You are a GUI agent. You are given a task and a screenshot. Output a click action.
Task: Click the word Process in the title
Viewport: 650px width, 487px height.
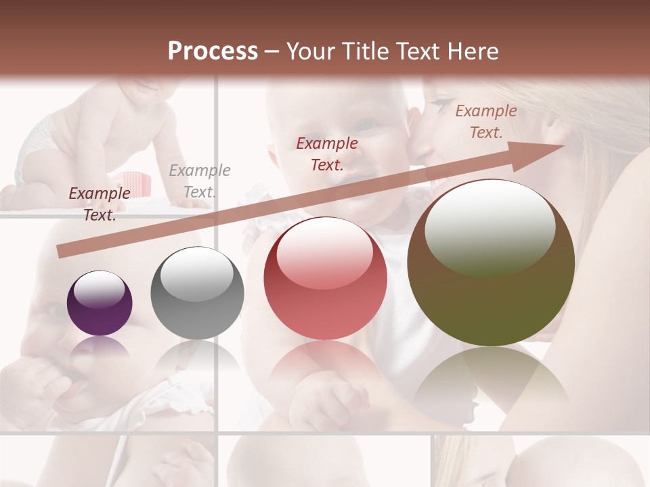click(x=213, y=51)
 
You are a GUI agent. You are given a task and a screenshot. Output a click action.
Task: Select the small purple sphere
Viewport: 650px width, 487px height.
click(x=100, y=303)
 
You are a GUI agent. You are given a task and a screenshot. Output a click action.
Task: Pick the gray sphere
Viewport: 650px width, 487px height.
click(x=197, y=293)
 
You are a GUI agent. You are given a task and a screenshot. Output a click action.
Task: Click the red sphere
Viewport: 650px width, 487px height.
click(x=326, y=278)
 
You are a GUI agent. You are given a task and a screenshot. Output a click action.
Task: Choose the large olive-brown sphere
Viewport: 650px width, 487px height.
click(x=491, y=262)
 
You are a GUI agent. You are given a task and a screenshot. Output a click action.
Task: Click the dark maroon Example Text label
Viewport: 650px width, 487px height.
click(x=100, y=204)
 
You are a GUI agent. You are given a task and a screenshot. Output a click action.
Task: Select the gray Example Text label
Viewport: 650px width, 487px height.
click(x=199, y=181)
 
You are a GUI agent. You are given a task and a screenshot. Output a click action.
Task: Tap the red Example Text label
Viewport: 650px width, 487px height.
click(x=327, y=154)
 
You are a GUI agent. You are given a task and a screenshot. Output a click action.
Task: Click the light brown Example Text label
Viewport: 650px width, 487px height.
click(x=485, y=122)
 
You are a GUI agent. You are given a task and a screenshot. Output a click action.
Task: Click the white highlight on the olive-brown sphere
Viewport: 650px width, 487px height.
click(x=490, y=227)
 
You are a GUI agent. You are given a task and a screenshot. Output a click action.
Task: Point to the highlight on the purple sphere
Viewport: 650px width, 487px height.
click(x=99, y=289)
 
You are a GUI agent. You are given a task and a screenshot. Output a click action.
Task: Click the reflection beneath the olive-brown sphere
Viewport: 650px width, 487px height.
click(x=491, y=379)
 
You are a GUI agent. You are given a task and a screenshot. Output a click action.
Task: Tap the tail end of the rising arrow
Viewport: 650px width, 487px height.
click(x=62, y=252)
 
